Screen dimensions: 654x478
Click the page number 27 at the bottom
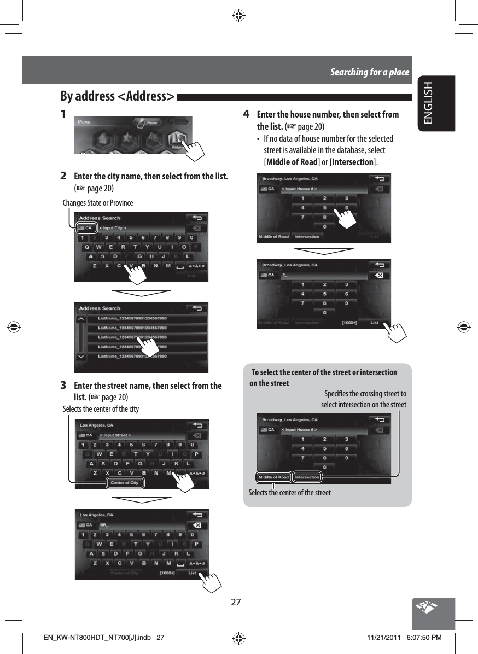236,602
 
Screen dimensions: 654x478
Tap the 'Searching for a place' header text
369,72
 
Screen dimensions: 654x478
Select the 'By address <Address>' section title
117,97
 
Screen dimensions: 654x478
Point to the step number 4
247,114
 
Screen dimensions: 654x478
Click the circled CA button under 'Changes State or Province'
86,227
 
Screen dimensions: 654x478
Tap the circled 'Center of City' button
125,483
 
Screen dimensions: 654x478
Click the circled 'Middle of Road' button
273,477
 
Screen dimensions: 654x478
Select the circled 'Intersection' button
307,477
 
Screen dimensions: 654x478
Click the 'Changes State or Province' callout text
98,203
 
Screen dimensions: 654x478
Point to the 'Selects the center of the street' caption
289,493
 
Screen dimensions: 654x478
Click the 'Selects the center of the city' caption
101,409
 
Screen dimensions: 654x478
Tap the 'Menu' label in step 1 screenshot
84,121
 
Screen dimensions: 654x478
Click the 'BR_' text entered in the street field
104,525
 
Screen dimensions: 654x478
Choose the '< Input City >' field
113,227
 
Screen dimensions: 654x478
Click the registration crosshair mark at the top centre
238,15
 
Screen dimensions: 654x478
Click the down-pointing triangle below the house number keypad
324,250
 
